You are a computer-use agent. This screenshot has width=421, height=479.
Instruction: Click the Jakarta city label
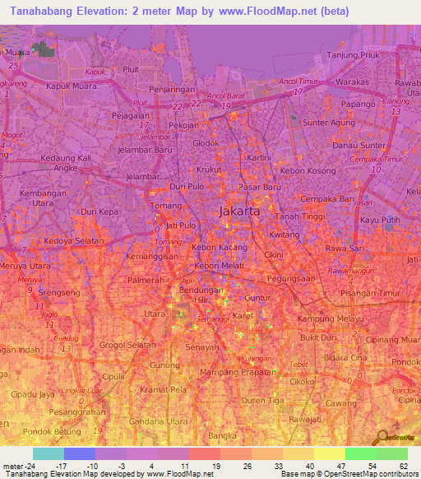coord(240,212)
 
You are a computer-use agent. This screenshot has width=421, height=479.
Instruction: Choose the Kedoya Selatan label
coord(74,241)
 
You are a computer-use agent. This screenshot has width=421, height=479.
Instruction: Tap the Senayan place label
coord(201,347)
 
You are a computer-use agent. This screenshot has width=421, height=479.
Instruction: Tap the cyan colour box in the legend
coord(49,453)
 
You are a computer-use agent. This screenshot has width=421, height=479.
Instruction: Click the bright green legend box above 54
coord(361,453)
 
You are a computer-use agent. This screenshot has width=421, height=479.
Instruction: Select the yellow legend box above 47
coord(330,453)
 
